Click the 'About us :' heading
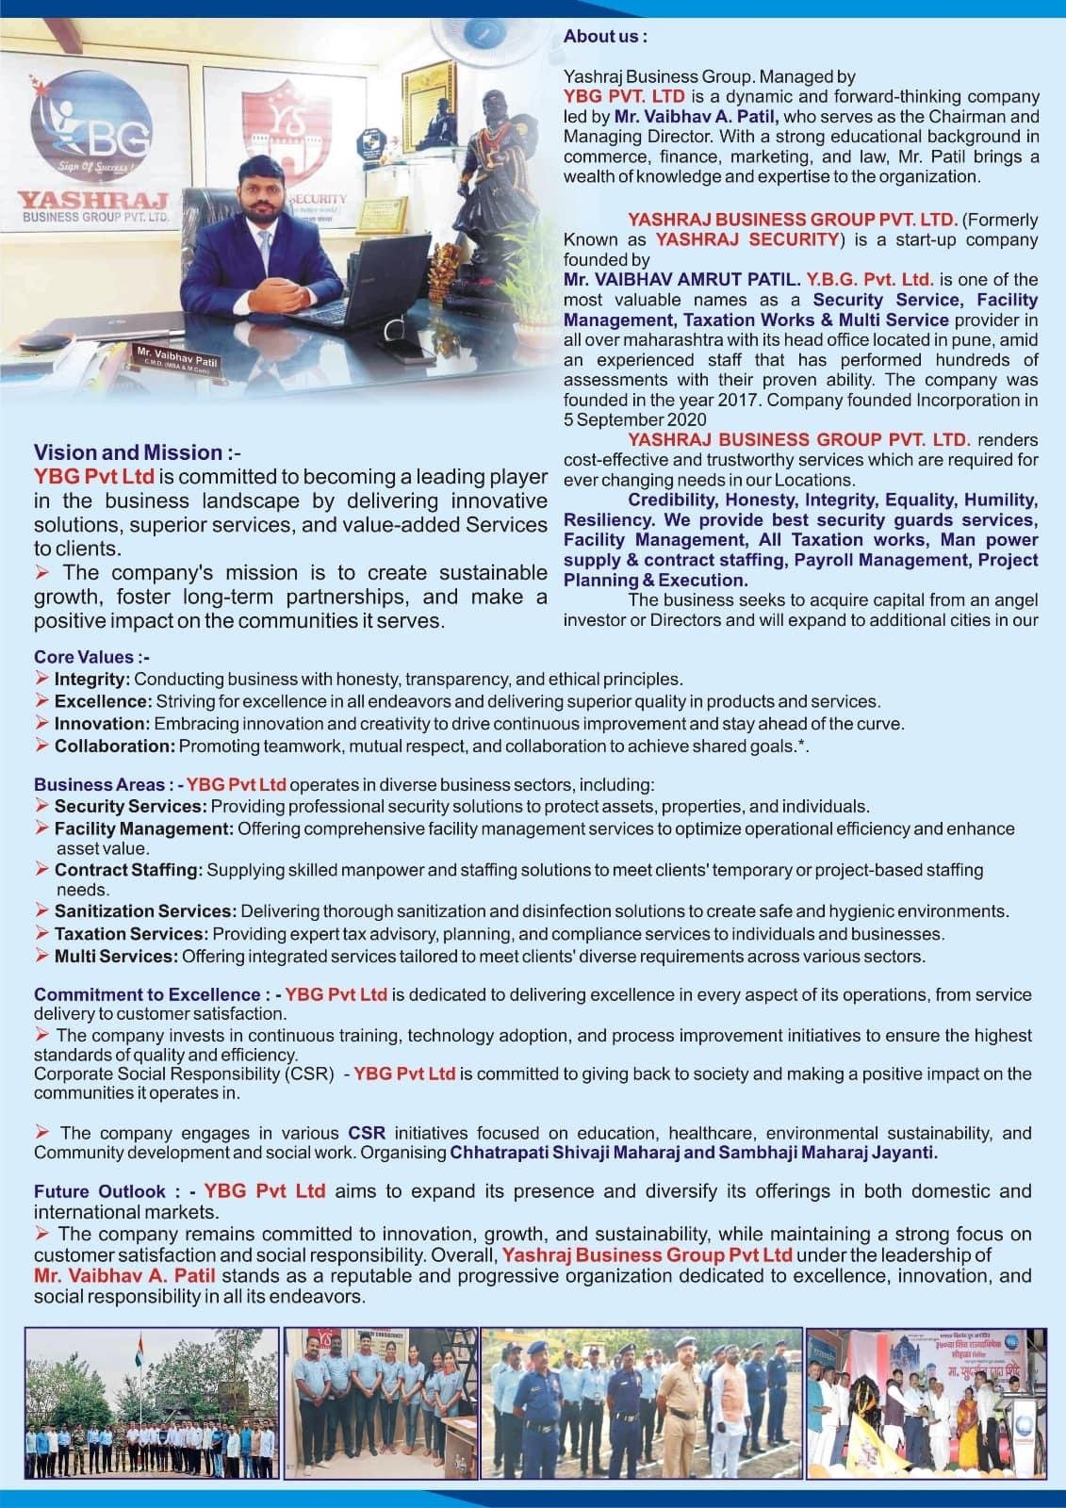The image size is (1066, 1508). [x=605, y=37]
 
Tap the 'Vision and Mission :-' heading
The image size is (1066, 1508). [x=128, y=452]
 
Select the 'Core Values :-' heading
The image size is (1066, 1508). [x=91, y=656]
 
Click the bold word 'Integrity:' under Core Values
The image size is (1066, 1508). [x=91, y=679]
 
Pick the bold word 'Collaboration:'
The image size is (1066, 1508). [x=114, y=746]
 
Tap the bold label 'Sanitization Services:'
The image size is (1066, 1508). [x=145, y=911]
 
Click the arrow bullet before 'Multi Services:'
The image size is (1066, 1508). [x=41, y=956]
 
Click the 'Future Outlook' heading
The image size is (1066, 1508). [x=100, y=1191]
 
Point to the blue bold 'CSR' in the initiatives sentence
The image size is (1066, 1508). [x=367, y=1133]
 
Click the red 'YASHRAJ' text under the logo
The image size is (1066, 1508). [x=92, y=200]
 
